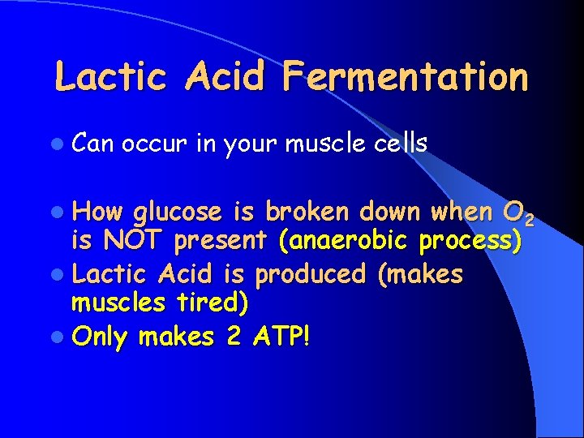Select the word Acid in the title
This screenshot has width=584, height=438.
coord(235,77)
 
